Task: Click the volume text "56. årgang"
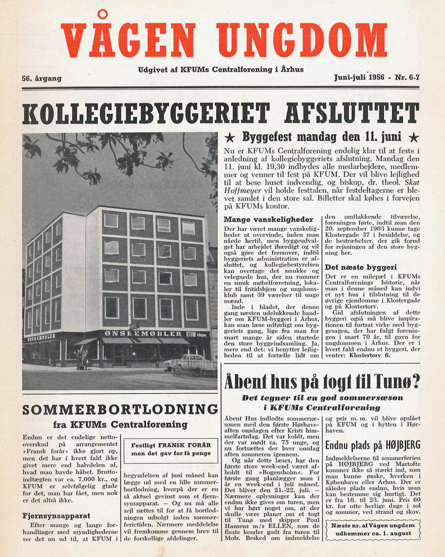pyautogui.click(x=42, y=79)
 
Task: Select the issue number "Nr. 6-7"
pyautogui.click(x=407, y=78)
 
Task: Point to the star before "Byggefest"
pyautogui.click(x=230, y=138)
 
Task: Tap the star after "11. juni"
pyautogui.click(x=413, y=137)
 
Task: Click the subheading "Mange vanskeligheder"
pyautogui.click(x=268, y=219)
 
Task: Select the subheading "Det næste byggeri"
pyautogui.click(x=361, y=267)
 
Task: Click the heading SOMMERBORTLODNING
pyautogui.click(x=120, y=410)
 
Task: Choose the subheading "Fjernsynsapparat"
pyautogui.click(x=56, y=516)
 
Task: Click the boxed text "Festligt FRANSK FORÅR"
pyautogui.click(x=171, y=445)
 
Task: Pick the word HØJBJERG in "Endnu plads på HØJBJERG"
pyautogui.click(x=402, y=445)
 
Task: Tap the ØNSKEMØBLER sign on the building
pyautogui.click(x=143, y=333)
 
